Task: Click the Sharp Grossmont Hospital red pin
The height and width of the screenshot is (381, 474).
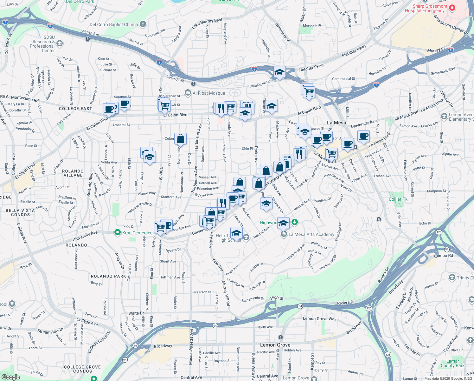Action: click(452, 8)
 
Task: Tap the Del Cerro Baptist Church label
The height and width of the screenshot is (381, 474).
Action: click(114, 24)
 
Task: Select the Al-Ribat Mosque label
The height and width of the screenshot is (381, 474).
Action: click(209, 93)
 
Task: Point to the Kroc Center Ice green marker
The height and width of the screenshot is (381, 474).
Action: click(118, 233)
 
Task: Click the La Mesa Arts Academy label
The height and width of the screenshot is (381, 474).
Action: click(311, 234)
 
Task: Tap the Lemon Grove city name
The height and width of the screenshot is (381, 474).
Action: click(275, 345)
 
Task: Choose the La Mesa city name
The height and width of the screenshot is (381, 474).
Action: click(336, 123)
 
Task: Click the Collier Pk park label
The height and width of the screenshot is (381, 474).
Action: click(398, 199)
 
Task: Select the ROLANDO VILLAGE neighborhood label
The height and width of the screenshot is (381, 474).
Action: click(73, 173)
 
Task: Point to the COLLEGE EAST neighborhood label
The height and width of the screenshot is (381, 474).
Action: click(75, 109)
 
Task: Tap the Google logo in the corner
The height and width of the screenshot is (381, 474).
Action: click(10, 377)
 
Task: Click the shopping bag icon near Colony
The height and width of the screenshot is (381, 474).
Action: click(180, 139)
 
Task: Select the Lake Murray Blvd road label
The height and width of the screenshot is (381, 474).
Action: click(207, 23)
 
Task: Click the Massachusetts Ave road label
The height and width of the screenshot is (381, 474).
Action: click(191, 347)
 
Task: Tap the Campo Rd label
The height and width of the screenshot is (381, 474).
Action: click(443, 256)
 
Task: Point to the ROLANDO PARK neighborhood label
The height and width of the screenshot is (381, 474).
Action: click(108, 276)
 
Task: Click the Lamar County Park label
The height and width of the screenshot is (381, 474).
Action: click(452, 363)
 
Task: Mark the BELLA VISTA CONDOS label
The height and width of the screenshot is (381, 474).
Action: click(20, 212)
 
